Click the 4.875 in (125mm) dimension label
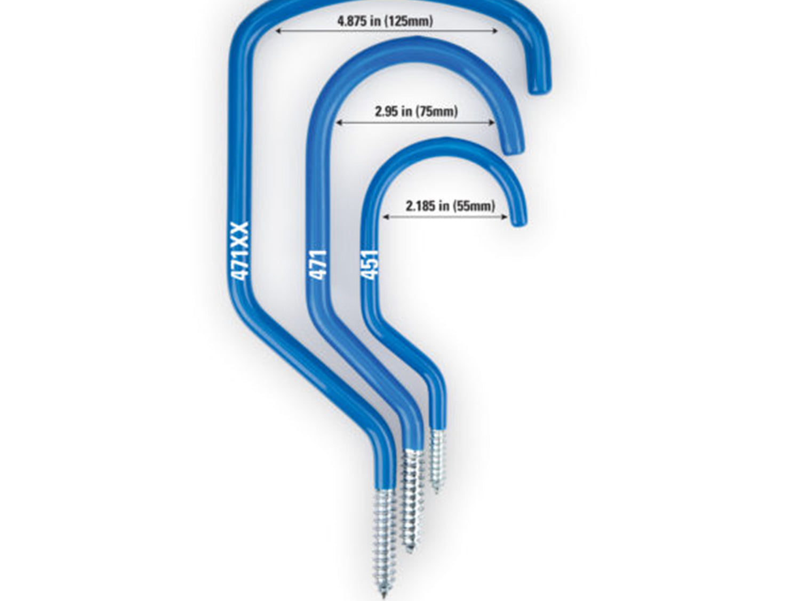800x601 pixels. coord(385,21)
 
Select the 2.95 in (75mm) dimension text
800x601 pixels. coord(416,111)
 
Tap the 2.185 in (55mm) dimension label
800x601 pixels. coord(450,206)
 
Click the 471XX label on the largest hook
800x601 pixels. coord(240,251)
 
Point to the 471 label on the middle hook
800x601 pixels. coord(318,265)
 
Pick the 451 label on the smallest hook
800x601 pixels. coord(369,265)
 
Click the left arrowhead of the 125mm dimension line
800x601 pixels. coord(278,31)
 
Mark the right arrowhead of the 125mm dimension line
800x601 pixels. coord(495,31)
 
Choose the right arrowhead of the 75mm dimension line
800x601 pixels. coord(492,123)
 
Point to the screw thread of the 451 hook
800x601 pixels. coord(437,460)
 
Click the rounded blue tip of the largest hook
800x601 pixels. coord(539,87)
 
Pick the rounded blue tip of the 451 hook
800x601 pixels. coord(518,220)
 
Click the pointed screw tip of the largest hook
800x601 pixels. coord(383,596)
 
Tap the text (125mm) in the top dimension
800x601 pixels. coord(409,21)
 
